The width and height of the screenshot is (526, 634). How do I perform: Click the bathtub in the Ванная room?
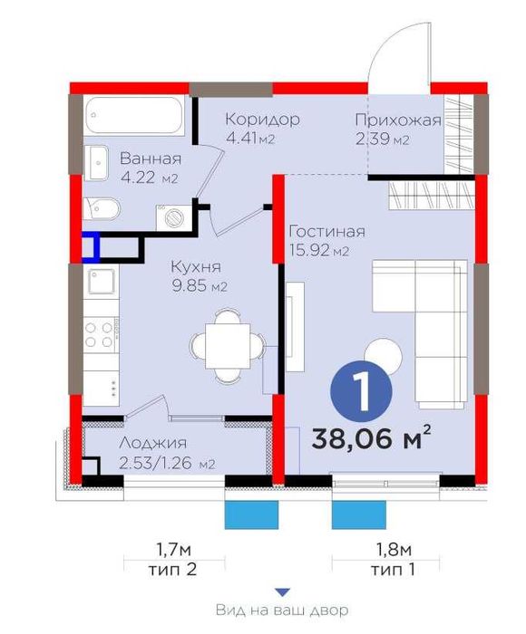point(135,114)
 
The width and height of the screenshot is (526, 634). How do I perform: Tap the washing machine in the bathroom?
point(175,218)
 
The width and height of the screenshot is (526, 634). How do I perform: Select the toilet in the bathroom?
point(102,208)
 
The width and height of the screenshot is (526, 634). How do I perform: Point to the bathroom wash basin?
point(96,162)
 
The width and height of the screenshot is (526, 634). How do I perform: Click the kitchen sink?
point(102,281)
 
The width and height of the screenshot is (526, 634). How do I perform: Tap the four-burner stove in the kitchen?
point(101,334)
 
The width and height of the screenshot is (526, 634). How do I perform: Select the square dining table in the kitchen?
point(228,346)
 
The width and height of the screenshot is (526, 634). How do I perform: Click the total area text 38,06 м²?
point(370,437)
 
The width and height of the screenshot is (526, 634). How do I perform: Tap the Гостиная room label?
point(327,232)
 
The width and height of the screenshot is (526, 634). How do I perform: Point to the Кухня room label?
point(196,268)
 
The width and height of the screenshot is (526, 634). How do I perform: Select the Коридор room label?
point(262,120)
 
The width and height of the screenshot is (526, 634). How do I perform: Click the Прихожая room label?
point(398,120)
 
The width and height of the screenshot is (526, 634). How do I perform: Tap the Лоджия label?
point(153,444)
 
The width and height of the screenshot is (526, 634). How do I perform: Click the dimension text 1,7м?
point(174,550)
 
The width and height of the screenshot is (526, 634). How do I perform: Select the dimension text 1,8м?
point(394,550)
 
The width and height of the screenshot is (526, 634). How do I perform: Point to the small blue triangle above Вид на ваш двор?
point(283,592)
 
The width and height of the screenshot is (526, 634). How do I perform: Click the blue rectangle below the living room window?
point(358,514)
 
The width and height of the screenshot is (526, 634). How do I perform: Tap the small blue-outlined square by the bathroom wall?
point(91,247)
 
